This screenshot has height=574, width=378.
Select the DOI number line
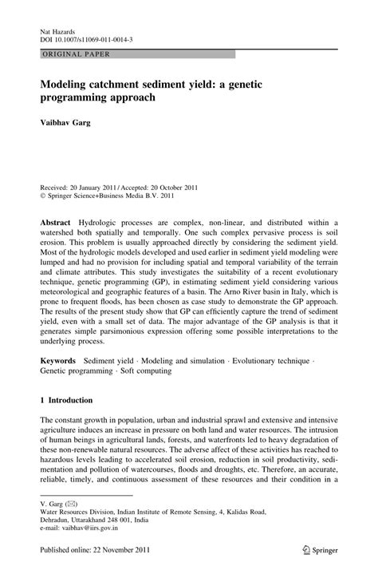point(86,38)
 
